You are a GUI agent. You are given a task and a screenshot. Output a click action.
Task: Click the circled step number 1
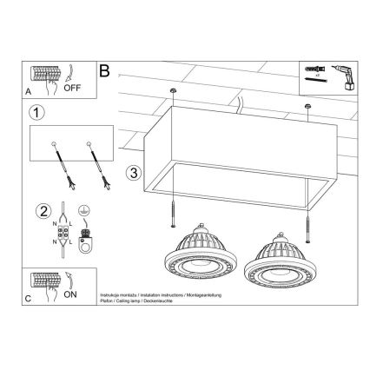pos(36,112)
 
